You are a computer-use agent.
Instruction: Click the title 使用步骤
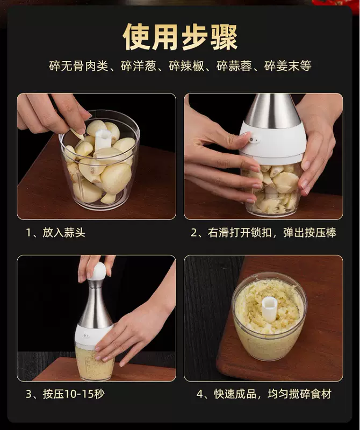coord(180,37)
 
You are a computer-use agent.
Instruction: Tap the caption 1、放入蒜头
coord(55,233)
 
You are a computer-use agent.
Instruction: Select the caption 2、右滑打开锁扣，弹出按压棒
coord(263,233)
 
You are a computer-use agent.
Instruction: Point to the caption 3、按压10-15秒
coord(65,394)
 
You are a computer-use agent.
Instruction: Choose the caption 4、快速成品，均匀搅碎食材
coord(264,394)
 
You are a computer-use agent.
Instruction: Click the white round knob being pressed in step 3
coord(97,271)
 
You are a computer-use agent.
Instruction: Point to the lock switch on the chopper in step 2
coord(255,140)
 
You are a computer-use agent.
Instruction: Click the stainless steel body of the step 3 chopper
coord(95,304)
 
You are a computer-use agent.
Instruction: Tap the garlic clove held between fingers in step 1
coord(77,134)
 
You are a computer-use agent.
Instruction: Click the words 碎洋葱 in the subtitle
coord(138,66)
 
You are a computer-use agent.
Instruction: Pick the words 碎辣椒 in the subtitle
coord(186,66)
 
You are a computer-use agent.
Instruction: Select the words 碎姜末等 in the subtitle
coord(287,66)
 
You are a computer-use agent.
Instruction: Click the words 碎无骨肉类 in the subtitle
coord(78,66)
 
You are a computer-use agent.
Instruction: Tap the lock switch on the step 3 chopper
coord(87,335)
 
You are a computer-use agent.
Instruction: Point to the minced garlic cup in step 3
coord(94,362)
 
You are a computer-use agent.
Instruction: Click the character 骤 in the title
coord(224,37)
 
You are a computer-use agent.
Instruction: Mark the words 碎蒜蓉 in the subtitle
coord(234,66)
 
